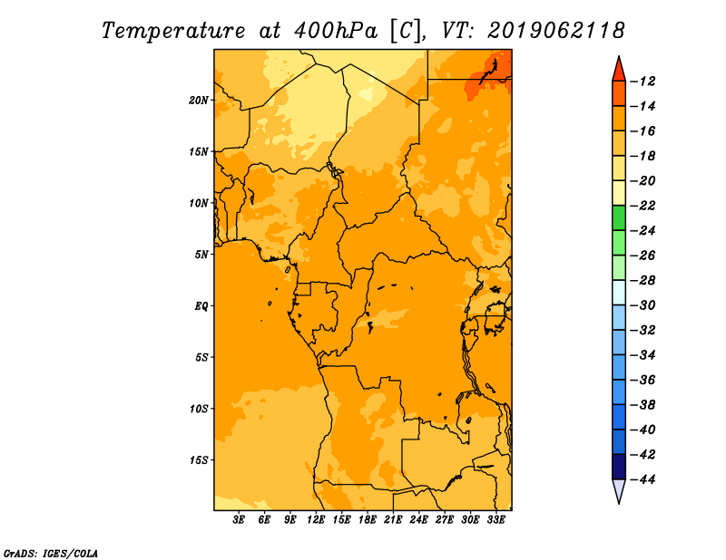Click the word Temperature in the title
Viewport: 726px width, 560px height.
(x=173, y=31)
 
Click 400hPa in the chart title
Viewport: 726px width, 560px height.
(x=336, y=31)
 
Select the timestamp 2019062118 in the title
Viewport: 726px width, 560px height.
(x=556, y=31)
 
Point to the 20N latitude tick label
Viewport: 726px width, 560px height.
(x=199, y=101)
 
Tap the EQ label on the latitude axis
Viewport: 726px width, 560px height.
(x=201, y=306)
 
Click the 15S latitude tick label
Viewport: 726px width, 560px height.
(x=199, y=460)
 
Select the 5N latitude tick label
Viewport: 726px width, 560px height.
(x=201, y=255)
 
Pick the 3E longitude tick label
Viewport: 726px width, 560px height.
(x=239, y=520)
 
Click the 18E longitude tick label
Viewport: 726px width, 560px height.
(x=368, y=520)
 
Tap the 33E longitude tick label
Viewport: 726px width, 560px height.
(x=495, y=520)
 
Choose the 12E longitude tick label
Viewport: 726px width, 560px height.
(x=316, y=520)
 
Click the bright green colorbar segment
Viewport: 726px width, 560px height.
(x=619, y=218)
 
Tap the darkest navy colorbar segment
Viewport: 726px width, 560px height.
(x=619, y=467)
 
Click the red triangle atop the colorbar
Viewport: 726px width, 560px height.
(x=619, y=70)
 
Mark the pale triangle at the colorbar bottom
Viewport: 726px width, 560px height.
(x=619, y=491)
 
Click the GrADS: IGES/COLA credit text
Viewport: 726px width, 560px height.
(x=51, y=553)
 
